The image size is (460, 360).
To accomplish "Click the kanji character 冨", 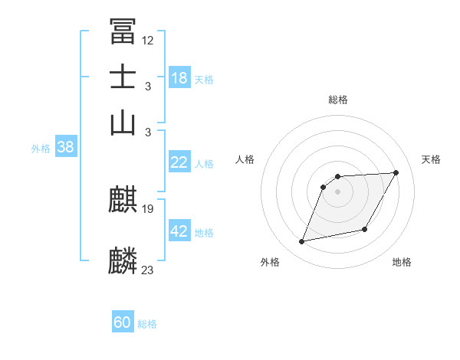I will point(123,31).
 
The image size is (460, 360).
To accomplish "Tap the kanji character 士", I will point(123,77).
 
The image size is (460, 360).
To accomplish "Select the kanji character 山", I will point(123,123).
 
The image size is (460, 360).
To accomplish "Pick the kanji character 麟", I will point(123,260).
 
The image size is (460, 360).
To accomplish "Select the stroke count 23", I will point(148,270).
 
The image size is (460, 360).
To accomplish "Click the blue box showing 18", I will point(179,77).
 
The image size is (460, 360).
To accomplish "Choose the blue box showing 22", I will point(179,162).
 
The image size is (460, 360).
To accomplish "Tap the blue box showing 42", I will point(179,231).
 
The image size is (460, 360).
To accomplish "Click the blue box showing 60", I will point(123,322).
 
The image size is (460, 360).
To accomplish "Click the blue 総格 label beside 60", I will point(147,324).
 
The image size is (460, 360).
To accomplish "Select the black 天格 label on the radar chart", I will point(431,159).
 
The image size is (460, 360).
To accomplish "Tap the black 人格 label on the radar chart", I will point(245,159).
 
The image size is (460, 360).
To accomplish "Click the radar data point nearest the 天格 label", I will point(396,173).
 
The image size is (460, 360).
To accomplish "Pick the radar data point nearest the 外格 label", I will point(302,242).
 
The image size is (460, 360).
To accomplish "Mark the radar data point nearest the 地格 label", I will point(365,229).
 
